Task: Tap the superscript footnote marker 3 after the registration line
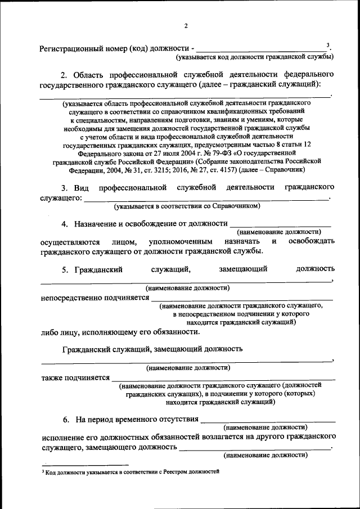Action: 328,44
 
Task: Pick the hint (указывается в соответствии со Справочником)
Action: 187,206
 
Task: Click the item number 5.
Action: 65,269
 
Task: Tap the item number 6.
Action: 65,419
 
